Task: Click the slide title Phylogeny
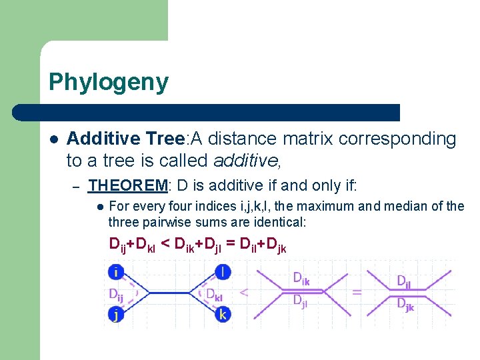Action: tap(109, 83)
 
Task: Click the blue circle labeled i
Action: tap(116, 271)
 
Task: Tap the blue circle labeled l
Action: tap(223, 271)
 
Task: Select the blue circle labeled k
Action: tap(223, 314)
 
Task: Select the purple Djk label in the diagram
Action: tap(405, 305)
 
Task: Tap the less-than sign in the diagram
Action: tap(244, 292)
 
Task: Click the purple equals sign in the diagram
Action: tap(357, 292)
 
